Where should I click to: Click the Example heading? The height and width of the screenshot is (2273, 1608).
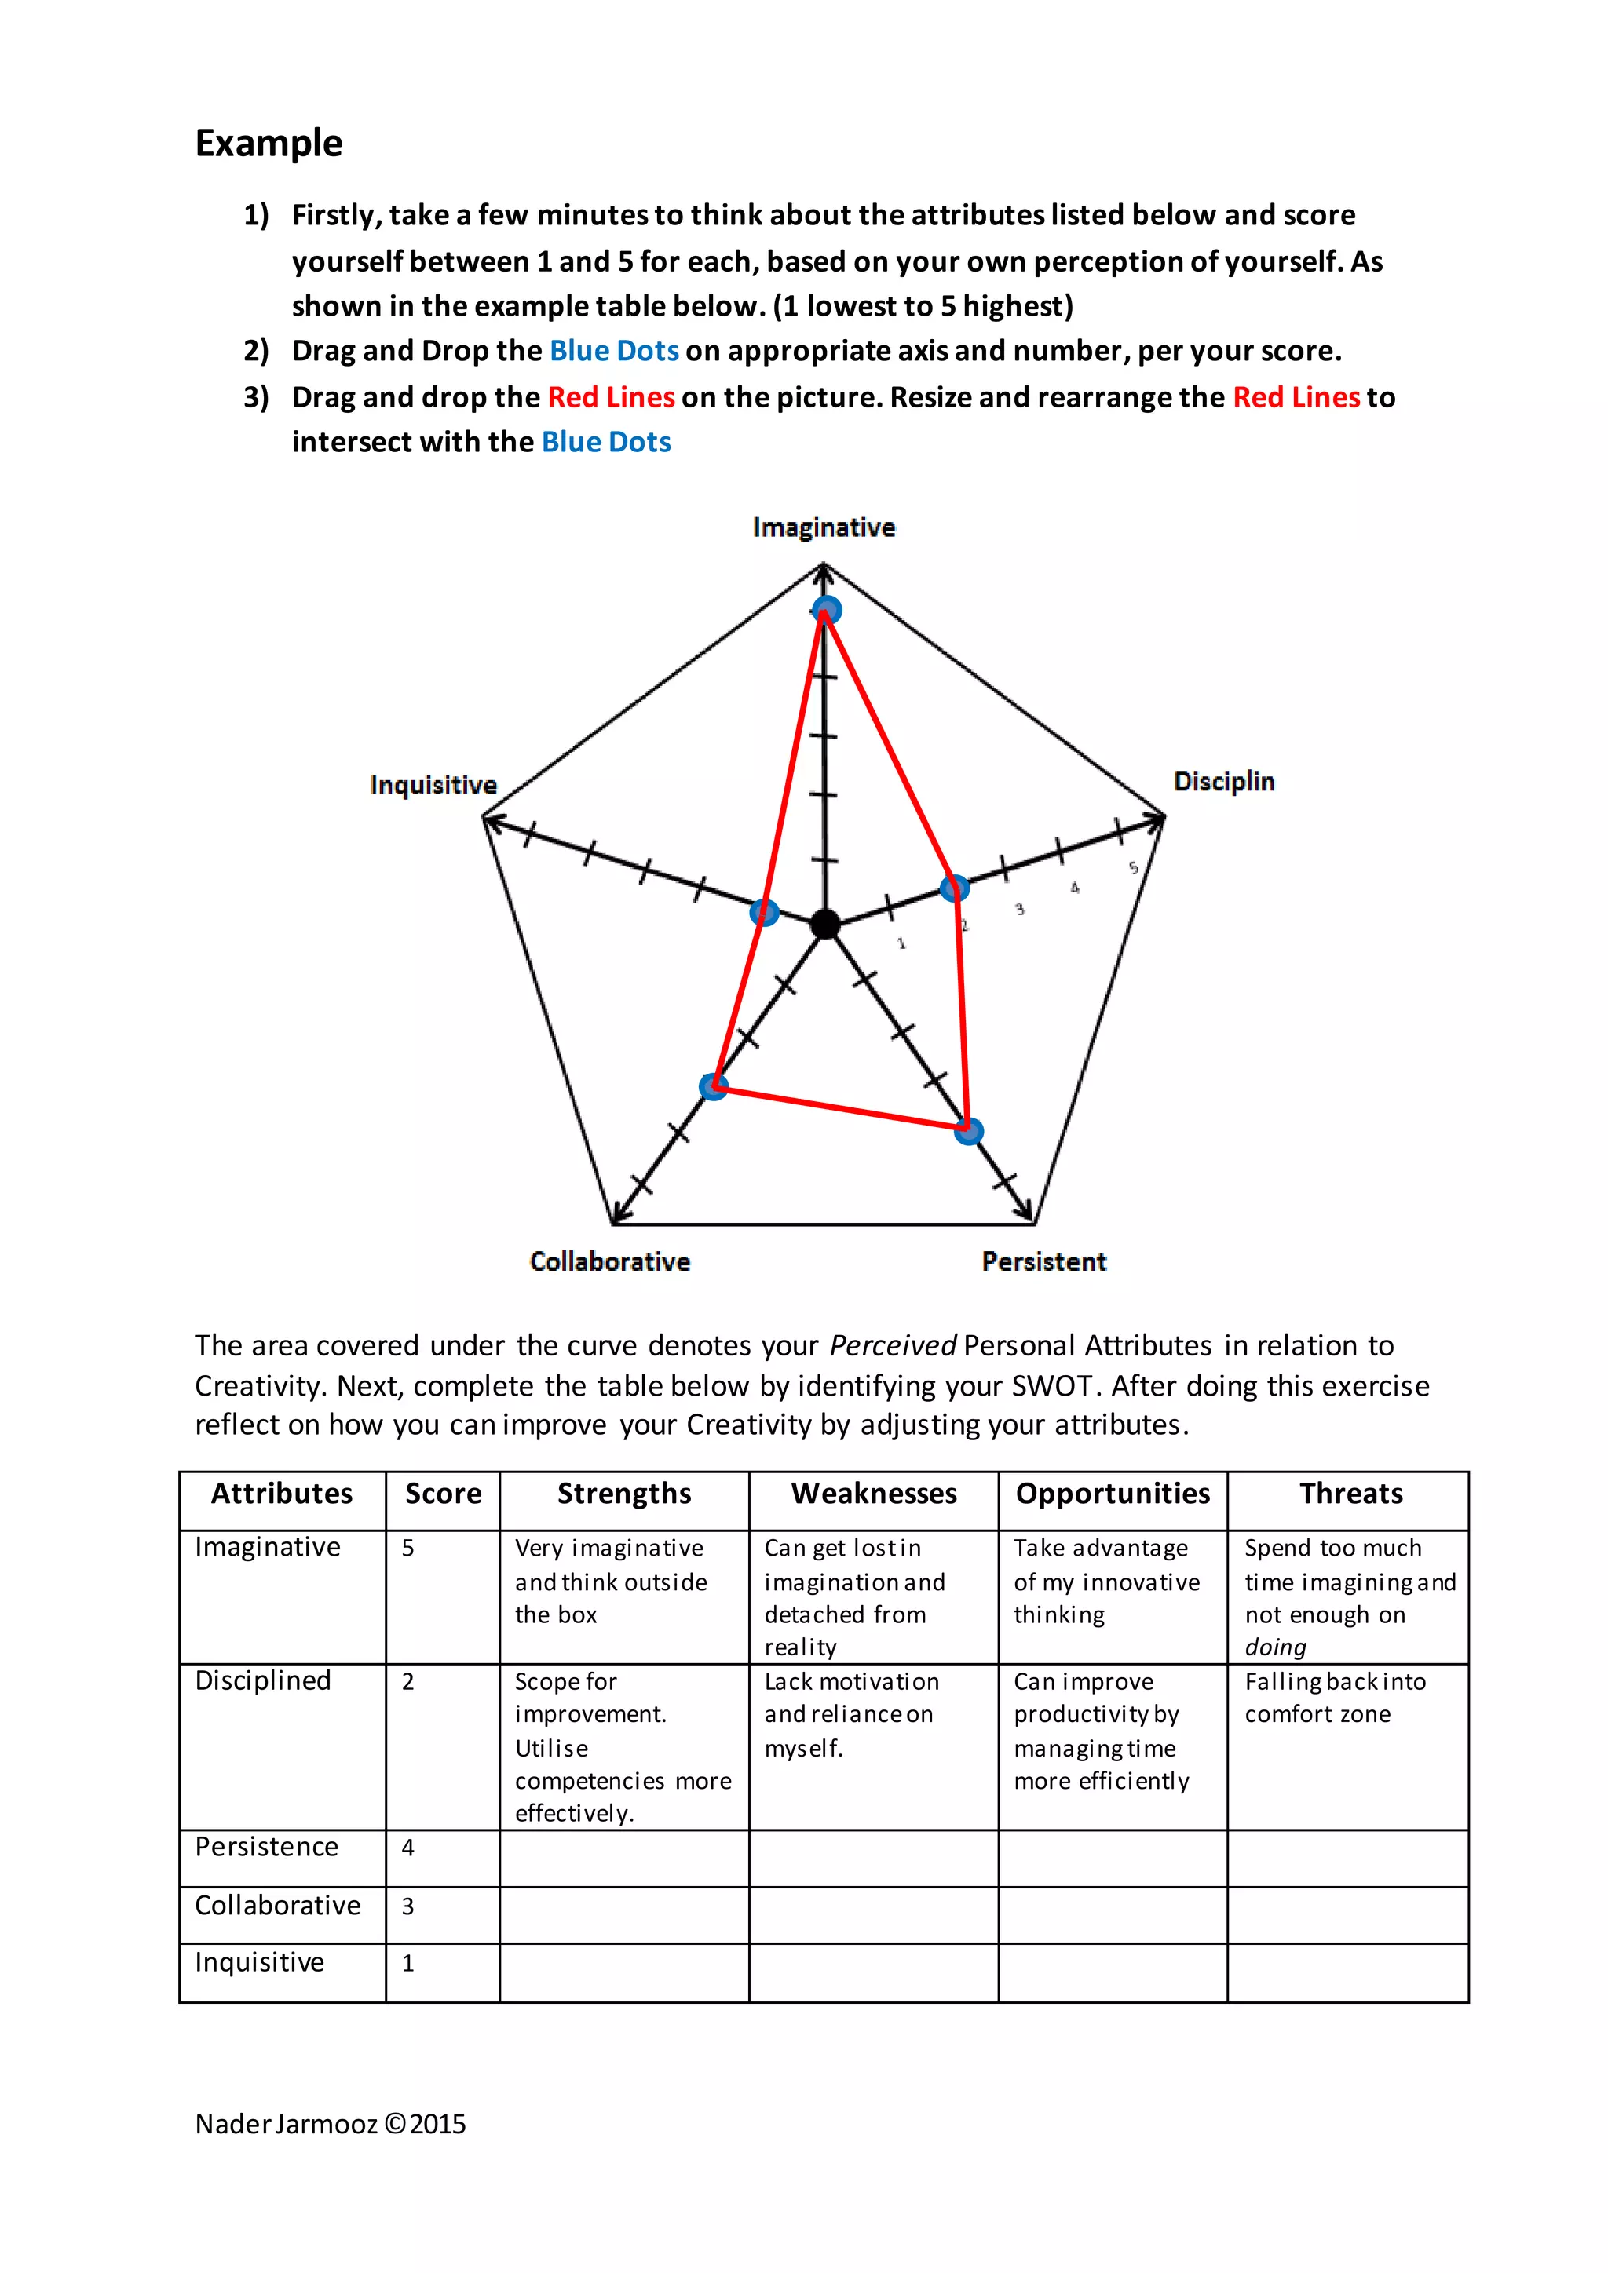(x=269, y=144)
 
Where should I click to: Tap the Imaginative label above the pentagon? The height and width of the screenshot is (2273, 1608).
(x=823, y=527)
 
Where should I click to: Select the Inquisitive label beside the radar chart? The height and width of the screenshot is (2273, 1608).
(x=433, y=785)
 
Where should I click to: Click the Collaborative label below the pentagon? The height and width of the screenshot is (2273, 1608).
(x=609, y=1261)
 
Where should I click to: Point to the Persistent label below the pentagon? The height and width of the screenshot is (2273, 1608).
(x=1043, y=1261)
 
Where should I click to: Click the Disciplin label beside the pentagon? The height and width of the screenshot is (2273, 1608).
(x=1224, y=781)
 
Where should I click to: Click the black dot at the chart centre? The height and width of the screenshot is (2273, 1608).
(x=824, y=925)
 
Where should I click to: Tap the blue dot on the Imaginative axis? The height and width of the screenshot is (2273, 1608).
(x=827, y=610)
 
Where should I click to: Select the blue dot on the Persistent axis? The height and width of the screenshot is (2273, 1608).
(x=968, y=1130)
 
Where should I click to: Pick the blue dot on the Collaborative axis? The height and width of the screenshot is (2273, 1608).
(x=713, y=1087)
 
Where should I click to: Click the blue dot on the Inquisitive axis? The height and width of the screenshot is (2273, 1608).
(x=765, y=912)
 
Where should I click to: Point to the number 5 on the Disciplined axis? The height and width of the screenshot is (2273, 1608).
(x=1134, y=868)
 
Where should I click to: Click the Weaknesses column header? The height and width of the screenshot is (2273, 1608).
(x=873, y=1493)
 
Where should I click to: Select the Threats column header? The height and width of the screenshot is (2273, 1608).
(x=1350, y=1493)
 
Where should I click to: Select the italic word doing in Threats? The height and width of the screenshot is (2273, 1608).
(x=1275, y=1647)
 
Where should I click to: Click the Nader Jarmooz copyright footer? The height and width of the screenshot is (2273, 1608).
(x=330, y=2125)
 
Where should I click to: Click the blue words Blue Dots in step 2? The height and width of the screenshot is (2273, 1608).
(x=614, y=352)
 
